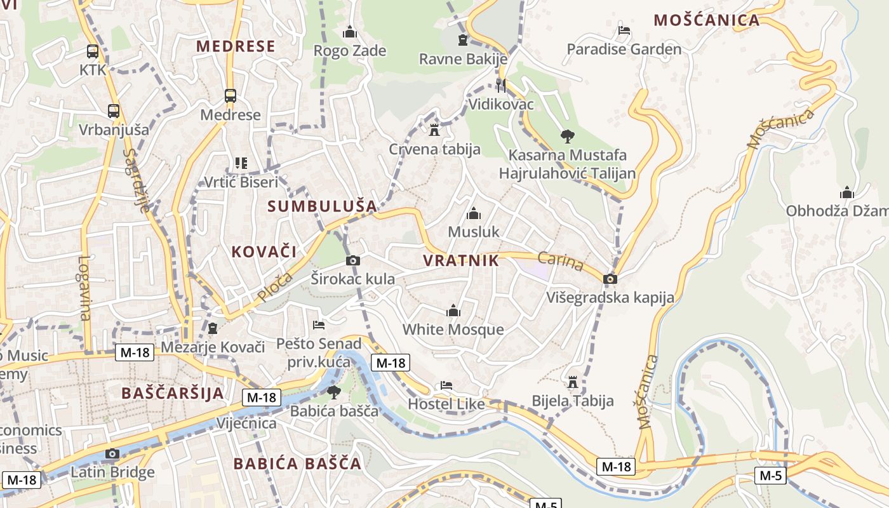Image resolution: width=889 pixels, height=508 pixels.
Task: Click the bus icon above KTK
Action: pyautogui.click(x=93, y=51)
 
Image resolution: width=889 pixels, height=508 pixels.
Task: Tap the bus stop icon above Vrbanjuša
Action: pyautogui.click(x=114, y=111)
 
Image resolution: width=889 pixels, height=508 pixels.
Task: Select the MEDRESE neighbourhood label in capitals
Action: pyautogui.click(x=236, y=46)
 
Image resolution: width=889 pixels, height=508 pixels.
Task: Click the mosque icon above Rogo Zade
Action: pyautogui.click(x=350, y=32)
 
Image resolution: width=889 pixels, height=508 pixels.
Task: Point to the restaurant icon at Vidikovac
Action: pyautogui.click(x=501, y=85)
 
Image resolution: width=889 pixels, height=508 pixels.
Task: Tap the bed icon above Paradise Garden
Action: pyautogui.click(x=624, y=30)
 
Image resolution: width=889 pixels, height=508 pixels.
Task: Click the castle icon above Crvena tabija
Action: pyautogui.click(x=434, y=130)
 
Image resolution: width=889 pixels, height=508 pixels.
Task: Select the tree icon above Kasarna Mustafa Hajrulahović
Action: pyautogui.click(x=567, y=136)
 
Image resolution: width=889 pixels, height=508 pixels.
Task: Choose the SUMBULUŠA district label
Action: pyautogui.click(x=322, y=206)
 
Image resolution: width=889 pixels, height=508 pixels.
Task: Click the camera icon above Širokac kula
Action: pyautogui.click(x=353, y=260)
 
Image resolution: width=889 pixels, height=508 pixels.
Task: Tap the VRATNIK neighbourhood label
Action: pyautogui.click(x=460, y=260)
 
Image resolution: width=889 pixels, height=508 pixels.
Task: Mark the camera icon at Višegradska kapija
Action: pyautogui.click(x=610, y=279)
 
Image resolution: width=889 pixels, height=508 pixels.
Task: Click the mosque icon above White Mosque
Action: pyautogui.click(x=453, y=311)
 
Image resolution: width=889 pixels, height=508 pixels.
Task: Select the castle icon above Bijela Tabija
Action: pyautogui.click(x=573, y=382)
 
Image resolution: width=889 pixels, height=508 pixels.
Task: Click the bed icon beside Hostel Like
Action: pyautogui.click(x=446, y=385)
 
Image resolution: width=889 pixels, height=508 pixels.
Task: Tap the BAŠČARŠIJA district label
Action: pyautogui.click(x=173, y=393)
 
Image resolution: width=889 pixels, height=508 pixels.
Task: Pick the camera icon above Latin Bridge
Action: pyautogui.click(x=112, y=453)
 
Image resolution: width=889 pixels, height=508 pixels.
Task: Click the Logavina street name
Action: pyautogui.click(x=84, y=287)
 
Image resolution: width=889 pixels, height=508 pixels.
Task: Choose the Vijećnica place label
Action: pyautogui.click(x=246, y=424)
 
